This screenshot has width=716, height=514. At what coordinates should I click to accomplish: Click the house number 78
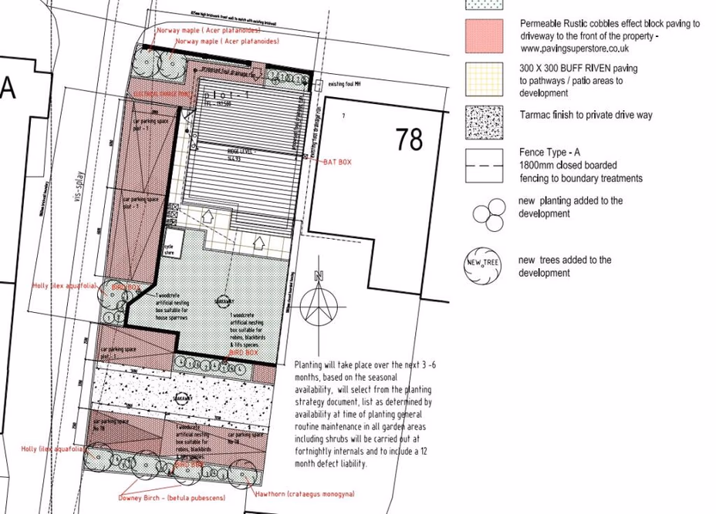tap(410, 139)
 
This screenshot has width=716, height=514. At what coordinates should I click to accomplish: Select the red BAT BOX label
tap(337, 162)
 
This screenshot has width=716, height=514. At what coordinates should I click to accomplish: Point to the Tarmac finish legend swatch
tap(485, 121)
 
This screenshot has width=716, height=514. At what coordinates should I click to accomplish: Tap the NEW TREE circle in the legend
tap(483, 264)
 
